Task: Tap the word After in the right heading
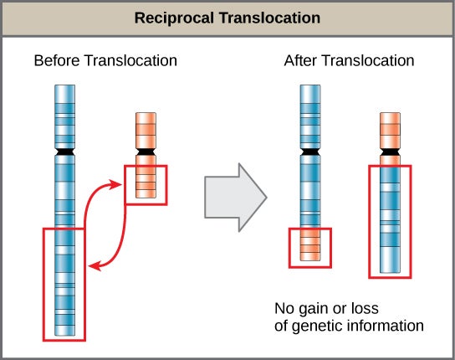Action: pyautogui.click(x=301, y=61)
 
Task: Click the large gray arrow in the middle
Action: pyautogui.click(x=234, y=198)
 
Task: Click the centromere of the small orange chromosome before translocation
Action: pyautogui.click(x=145, y=152)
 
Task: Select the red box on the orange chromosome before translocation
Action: pyautogui.click(x=146, y=184)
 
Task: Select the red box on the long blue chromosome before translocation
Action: pyautogui.click(x=64, y=281)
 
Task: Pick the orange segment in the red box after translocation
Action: pyautogui.click(x=310, y=247)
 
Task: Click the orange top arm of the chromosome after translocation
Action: pyautogui.click(x=390, y=129)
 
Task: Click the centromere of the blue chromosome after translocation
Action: pyautogui.click(x=310, y=153)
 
